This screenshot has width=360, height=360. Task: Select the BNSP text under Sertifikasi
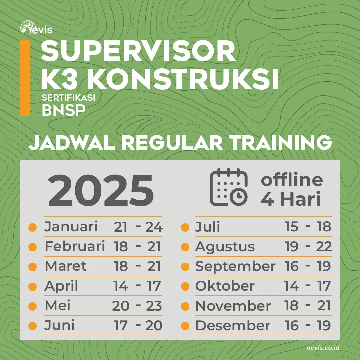[x=62, y=110]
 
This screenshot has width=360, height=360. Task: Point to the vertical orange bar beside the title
[x=25, y=78]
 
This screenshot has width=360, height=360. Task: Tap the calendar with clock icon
[x=229, y=187]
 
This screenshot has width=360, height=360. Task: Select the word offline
[x=292, y=180]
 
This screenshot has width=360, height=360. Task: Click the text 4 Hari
[x=290, y=199]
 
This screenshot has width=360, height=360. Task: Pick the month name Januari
[x=71, y=227]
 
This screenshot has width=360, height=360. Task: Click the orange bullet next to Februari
[x=32, y=247]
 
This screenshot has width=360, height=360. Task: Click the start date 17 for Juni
[x=121, y=326]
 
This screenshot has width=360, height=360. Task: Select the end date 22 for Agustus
[x=323, y=247]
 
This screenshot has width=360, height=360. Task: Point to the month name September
[x=235, y=266]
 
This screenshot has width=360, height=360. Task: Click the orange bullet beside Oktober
[x=185, y=286]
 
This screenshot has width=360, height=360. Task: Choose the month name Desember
[x=233, y=326]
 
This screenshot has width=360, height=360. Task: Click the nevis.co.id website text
[x=323, y=348]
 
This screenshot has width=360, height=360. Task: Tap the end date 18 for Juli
[x=323, y=227]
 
